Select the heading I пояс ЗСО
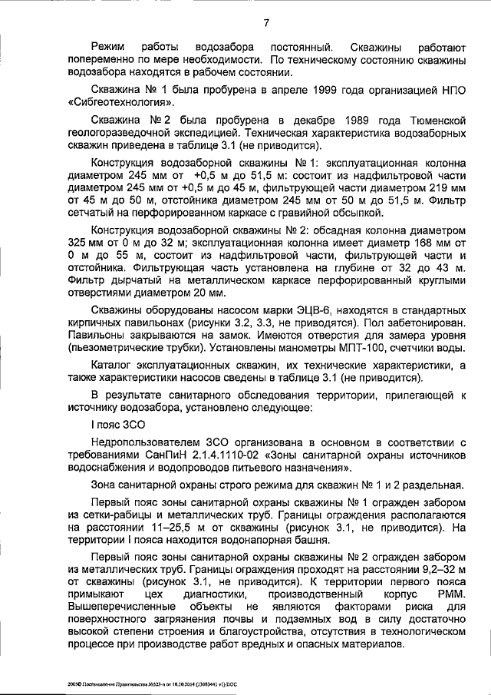click(x=117, y=424)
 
